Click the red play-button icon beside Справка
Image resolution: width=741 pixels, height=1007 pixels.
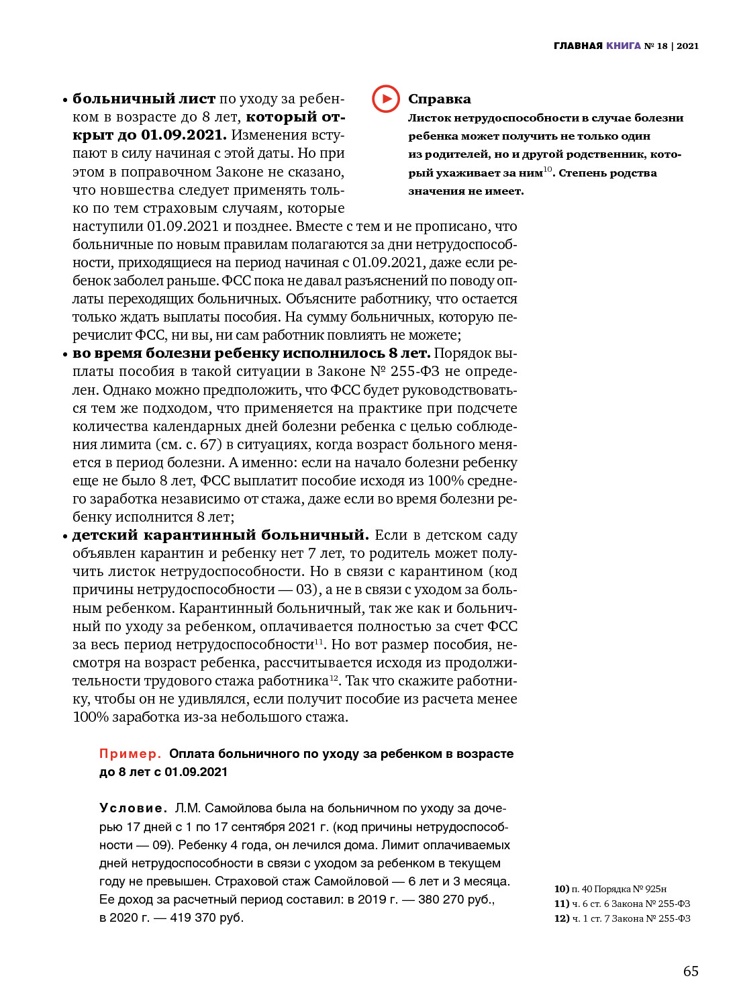coord(386,99)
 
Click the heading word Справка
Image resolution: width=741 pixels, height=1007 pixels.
coord(439,99)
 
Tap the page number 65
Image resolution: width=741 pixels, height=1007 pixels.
coord(691,971)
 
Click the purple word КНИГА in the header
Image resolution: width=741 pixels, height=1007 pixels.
coord(623,46)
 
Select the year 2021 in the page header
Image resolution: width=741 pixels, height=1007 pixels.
coord(687,46)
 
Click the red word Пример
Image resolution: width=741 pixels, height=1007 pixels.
coord(130,754)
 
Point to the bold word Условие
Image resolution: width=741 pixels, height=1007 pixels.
coord(133,808)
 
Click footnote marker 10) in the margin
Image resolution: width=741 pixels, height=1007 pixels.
coord(561,889)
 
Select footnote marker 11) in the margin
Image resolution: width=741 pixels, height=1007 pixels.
coord(561,904)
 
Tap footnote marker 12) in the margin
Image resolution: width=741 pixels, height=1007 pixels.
coord(561,918)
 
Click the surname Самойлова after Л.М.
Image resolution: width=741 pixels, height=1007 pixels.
coord(230,808)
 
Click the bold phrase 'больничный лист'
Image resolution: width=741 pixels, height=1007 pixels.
coord(144,99)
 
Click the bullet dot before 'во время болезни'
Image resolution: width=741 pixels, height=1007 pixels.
coord(66,354)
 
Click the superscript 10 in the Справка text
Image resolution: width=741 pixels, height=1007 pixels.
coord(547,169)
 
